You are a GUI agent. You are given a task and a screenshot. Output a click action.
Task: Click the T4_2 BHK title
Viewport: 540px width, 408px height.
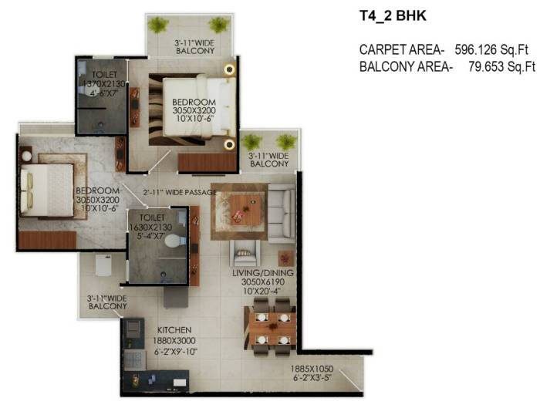point(393,16)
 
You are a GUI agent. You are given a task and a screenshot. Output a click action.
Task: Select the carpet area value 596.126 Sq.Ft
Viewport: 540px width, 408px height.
point(491,49)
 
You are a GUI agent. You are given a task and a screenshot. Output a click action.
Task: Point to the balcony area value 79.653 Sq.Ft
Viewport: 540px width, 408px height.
point(501,66)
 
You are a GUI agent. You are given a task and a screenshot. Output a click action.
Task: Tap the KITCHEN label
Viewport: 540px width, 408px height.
point(174,330)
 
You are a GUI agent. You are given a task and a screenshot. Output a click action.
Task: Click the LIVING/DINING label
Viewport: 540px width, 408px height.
point(263,273)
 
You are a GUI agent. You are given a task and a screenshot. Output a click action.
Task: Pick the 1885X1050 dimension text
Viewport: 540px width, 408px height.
point(312,369)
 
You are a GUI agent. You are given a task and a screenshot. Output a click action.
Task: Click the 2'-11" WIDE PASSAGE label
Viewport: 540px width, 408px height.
point(180,192)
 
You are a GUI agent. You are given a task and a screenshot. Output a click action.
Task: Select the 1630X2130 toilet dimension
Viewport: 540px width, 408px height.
point(150,228)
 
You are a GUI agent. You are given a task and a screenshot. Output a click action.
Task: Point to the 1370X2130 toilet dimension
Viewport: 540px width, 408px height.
point(104,83)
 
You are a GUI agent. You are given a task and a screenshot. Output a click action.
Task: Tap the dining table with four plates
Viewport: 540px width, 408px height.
point(272,328)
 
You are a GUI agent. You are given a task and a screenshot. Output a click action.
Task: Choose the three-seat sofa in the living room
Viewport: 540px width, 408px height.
point(282,214)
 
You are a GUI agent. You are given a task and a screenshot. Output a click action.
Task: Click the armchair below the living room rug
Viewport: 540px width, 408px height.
point(245,253)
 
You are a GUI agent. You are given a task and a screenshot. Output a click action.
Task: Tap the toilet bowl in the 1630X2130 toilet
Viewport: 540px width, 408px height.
point(175,241)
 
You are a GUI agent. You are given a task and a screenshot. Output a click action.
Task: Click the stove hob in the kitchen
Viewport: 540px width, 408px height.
point(133,327)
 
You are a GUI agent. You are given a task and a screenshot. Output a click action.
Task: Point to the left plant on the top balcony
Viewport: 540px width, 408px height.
point(158,25)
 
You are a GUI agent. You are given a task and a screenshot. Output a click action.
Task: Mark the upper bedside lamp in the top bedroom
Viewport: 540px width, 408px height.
point(229,70)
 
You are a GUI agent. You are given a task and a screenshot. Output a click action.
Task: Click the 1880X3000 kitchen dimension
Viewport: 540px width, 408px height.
point(174,341)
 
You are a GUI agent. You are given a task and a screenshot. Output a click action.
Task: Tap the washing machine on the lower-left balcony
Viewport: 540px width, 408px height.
point(103,265)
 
